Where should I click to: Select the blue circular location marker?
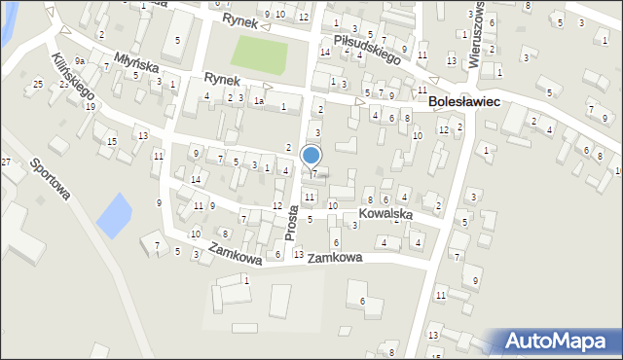311,155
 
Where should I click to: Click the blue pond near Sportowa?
113,210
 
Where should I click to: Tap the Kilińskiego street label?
73,77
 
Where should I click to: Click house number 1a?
258,100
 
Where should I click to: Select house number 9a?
82,61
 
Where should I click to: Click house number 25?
38,85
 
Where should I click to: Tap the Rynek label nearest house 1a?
222,80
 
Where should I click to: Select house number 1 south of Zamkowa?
246,280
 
